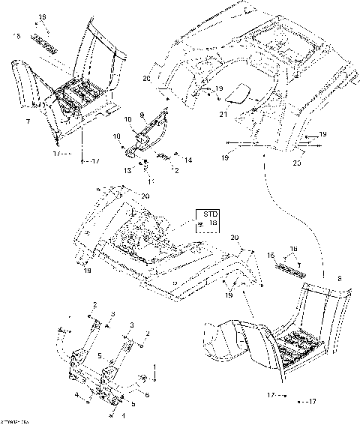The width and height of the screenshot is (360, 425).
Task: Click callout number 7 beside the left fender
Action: pyautogui.click(x=28, y=121)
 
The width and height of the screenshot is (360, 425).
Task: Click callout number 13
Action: pyautogui.click(x=127, y=170)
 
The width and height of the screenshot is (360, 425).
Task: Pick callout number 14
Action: pyautogui.click(x=187, y=160)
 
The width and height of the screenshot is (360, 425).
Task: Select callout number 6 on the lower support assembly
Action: pyautogui.click(x=147, y=394)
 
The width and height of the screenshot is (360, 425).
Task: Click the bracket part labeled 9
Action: pyautogui.click(x=150, y=135)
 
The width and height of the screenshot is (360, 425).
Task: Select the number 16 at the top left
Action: pyautogui.click(x=42, y=16)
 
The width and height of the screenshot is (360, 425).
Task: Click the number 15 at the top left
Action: pyautogui.click(x=16, y=35)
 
